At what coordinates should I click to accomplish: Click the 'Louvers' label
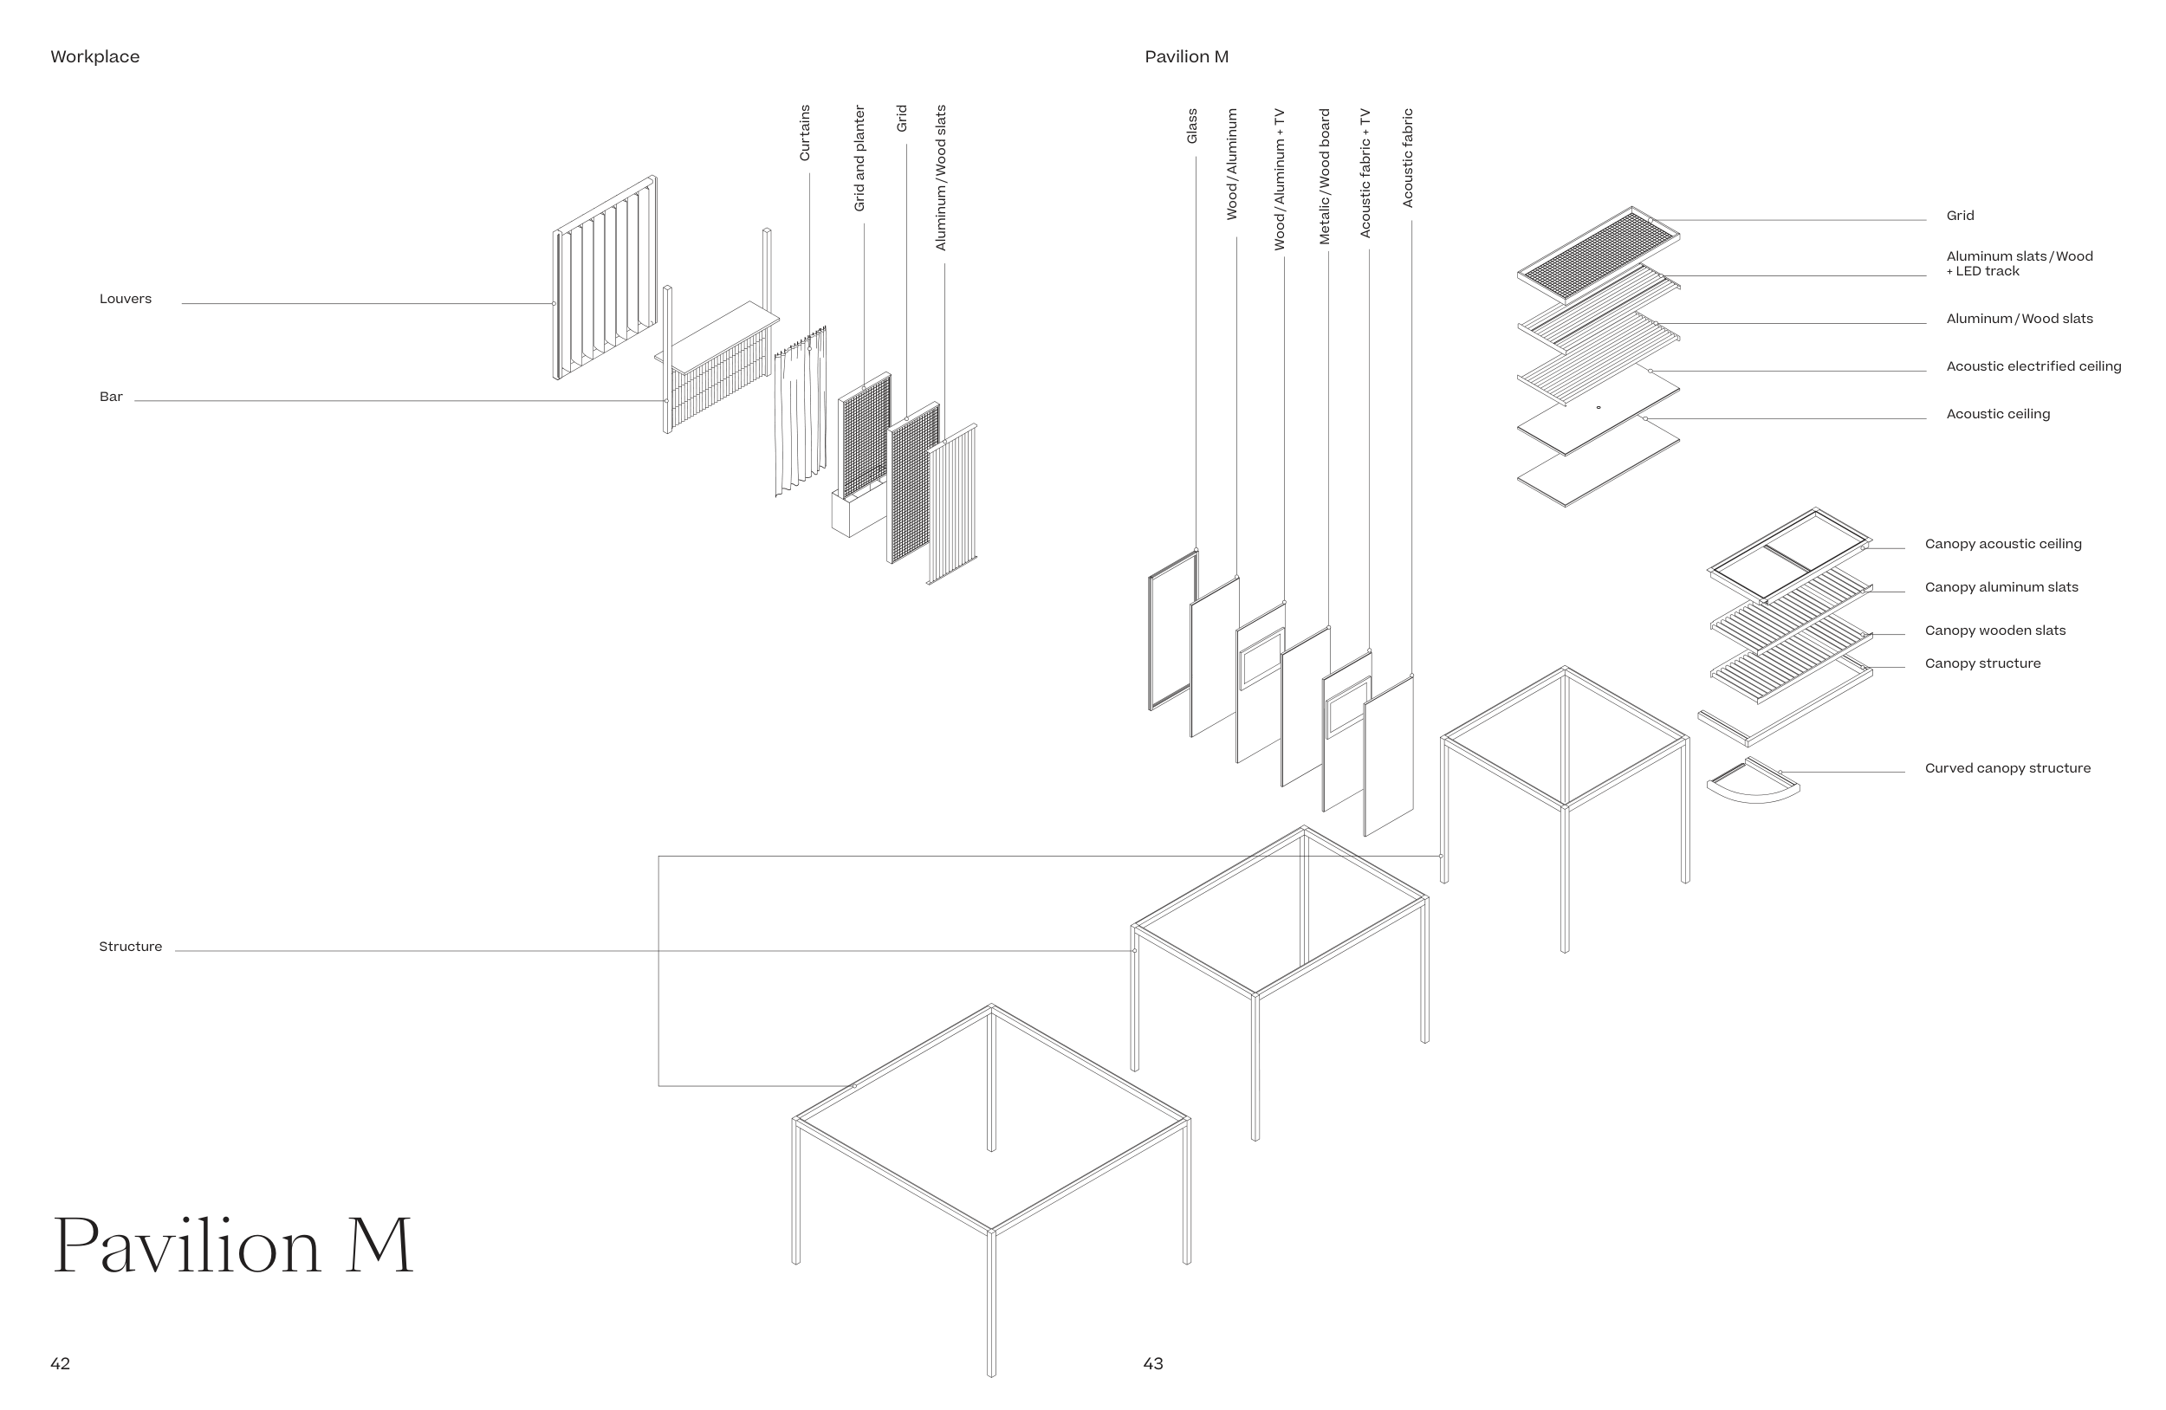tap(126, 300)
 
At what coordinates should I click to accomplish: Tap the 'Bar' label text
tap(111, 397)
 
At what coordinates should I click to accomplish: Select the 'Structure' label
tap(130, 947)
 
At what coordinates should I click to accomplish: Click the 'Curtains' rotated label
tap(805, 133)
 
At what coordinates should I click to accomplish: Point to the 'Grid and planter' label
tap(859, 158)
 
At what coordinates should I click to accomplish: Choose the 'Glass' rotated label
tap(1192, 126)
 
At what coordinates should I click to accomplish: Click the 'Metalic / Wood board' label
tap(1324, 177)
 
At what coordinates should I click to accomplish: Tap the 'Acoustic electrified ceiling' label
tap(2033, 366)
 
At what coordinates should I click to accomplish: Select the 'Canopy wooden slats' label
tap(1995, 631)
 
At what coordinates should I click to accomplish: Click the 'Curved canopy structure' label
tap(2007, 769)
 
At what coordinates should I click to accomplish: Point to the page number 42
tap(60, 1363)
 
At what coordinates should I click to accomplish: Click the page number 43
tap(1153, 1363)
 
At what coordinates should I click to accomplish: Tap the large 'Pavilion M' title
tap(233, 1245)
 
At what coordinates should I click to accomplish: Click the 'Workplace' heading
tap(94, 56)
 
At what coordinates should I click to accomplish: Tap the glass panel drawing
tap(1173, 630)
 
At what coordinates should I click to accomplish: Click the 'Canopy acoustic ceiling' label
tap(2003, 544)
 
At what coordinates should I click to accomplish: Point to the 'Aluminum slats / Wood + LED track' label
tap(2020, 264)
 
